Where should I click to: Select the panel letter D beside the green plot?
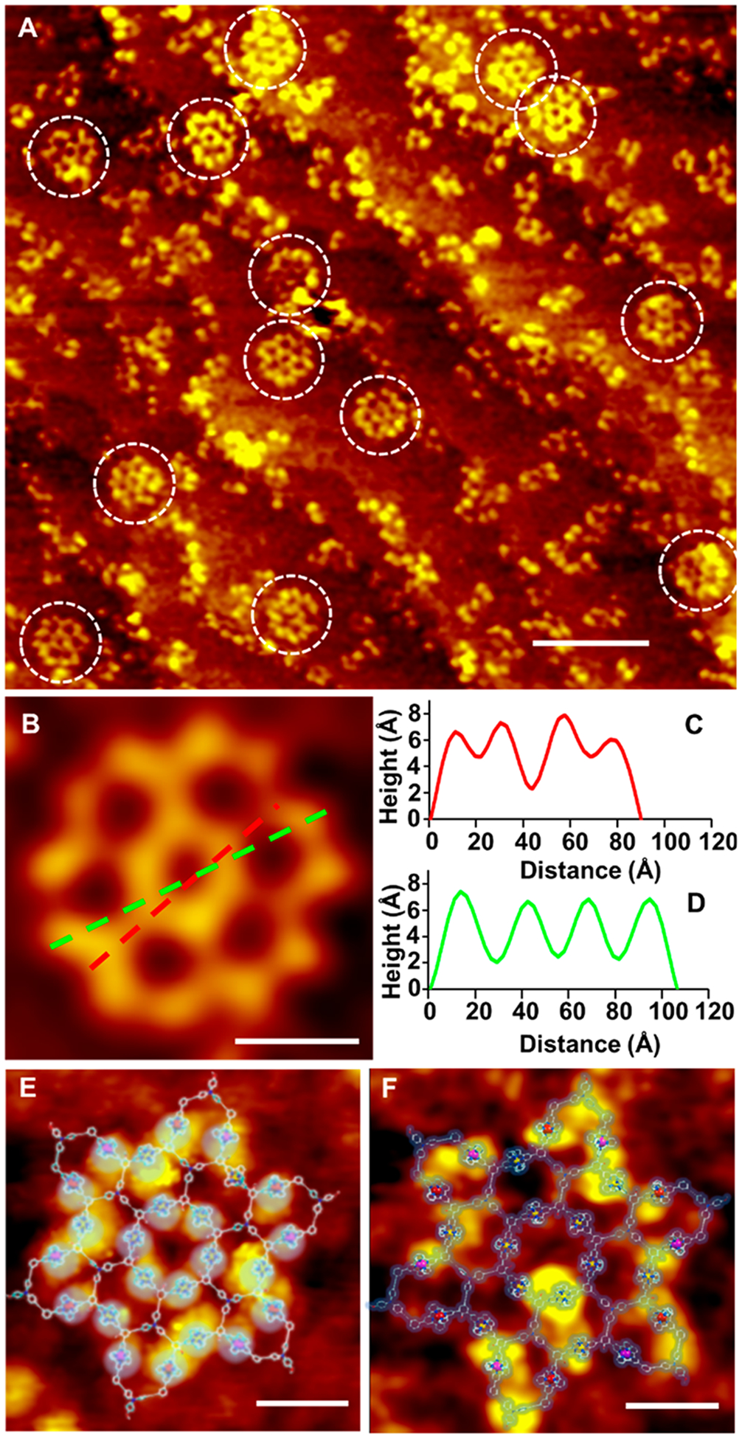coord(693,903)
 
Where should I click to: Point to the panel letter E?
coord(27,1089)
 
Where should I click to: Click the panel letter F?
coord(392,1089)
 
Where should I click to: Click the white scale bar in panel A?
coord(590,643)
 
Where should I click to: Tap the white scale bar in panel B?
coord(297,1041)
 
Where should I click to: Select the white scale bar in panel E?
coord(302,1402)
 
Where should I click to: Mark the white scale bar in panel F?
coord(671,1405)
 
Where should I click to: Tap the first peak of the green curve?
coord(461,892)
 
